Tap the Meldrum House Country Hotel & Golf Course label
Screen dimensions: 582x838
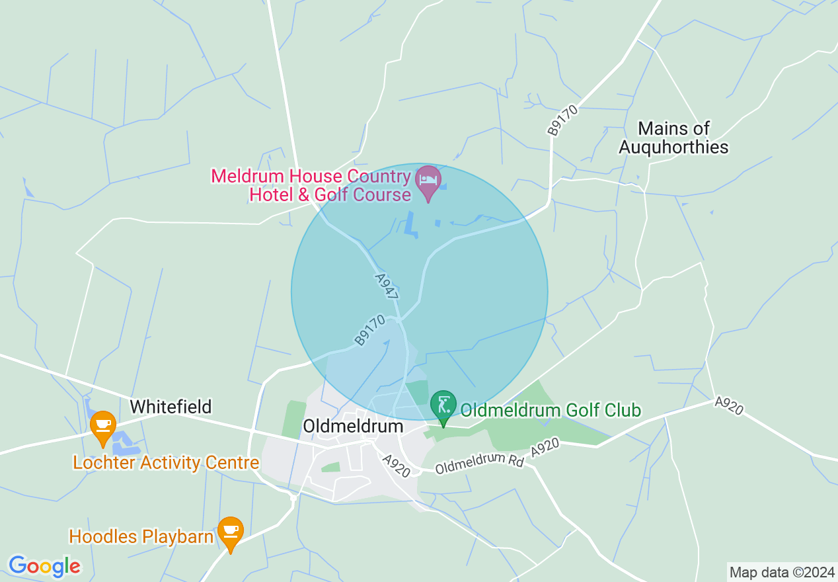[311, 186]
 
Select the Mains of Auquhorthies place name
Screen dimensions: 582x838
[673, 138]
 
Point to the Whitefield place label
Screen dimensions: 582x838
[171, 406]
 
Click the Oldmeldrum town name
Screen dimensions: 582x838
[352, 426]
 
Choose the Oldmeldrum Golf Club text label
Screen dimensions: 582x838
[551, 411]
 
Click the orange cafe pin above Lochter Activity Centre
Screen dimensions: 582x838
[102, 427]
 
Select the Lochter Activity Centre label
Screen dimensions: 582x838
[166, 462]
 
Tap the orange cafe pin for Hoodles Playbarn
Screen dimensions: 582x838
[230, 532]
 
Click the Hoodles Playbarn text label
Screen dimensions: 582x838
[141, 536]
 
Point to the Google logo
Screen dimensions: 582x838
[44, 566]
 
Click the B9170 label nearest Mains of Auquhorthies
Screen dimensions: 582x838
[562, 120]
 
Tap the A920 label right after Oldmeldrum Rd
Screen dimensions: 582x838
[545, 447]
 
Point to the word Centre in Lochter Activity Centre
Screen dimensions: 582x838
[232, 462]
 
